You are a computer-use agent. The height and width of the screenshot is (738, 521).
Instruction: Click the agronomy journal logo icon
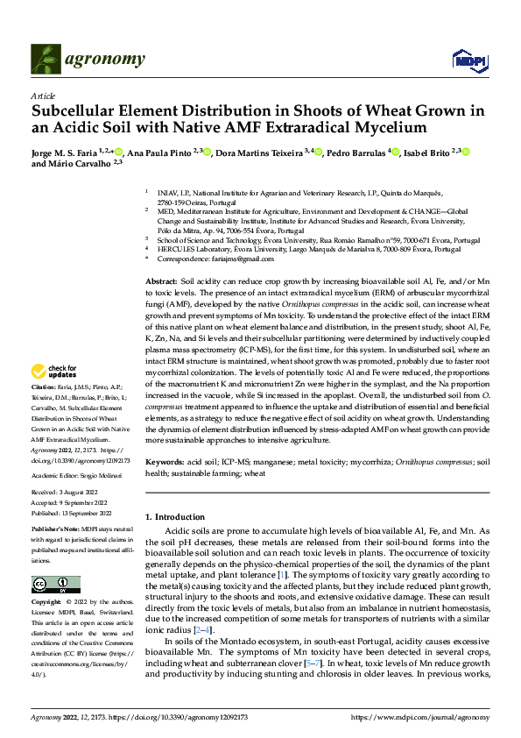(46, 59)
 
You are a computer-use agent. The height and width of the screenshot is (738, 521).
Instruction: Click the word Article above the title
(43, 96)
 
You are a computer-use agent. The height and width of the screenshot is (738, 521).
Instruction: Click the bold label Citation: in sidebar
(44, 410)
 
